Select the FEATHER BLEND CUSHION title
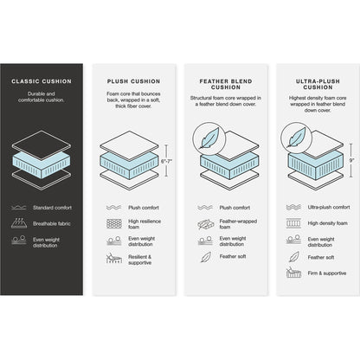click(222, 85)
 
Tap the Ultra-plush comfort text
click(329, 208)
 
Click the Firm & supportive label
click(328, 273)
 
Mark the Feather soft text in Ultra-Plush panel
click(321, 256)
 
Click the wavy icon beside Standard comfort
click(18, 208)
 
